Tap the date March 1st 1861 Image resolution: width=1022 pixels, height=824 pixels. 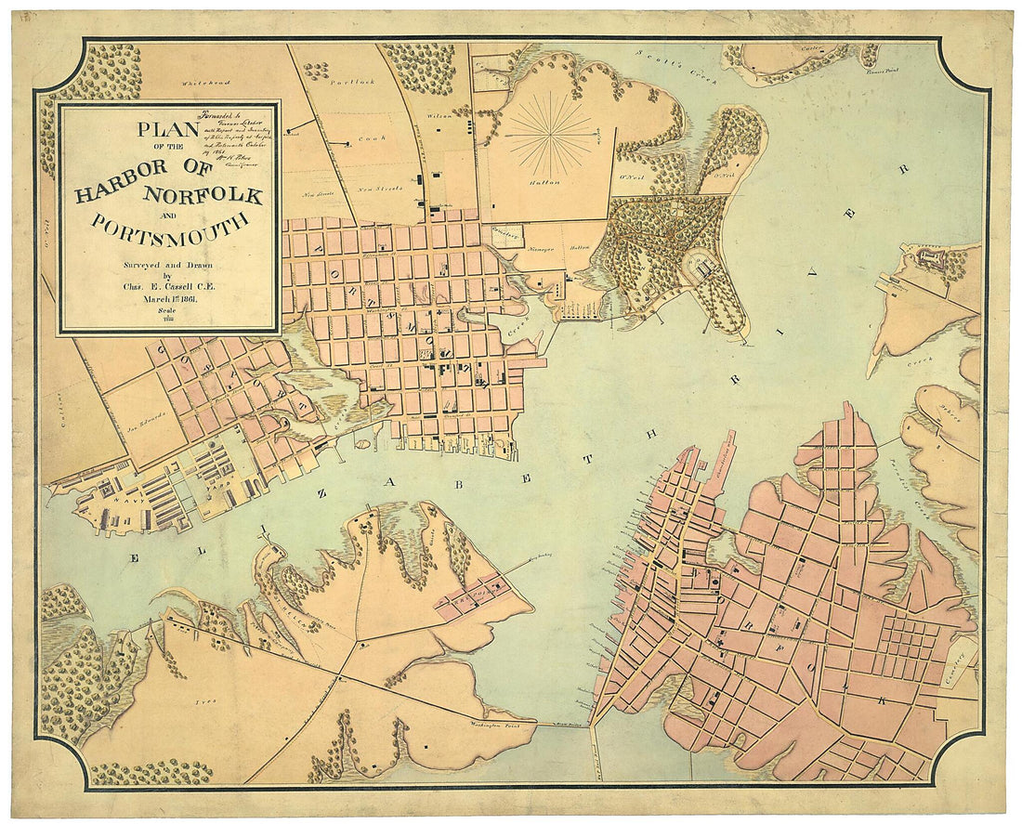pos(167,298)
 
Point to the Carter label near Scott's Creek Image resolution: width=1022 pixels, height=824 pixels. pos(813,48)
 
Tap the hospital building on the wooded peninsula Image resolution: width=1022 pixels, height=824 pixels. pos(703,268)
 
